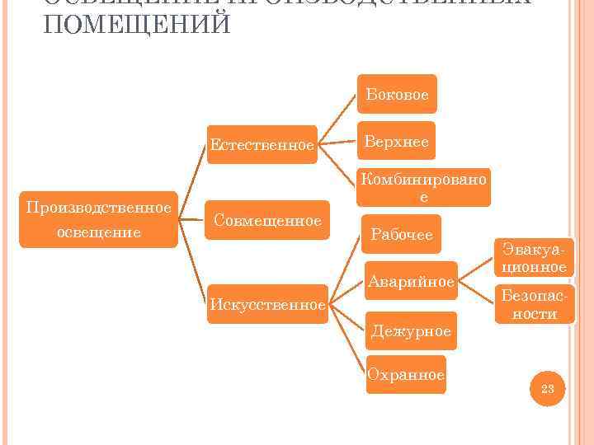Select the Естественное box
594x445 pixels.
click(262, 145)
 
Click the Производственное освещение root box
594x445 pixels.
click(99, 219)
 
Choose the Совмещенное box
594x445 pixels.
click(266, 220)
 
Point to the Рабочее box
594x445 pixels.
click(402, 235)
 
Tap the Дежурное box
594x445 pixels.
click(411, 331)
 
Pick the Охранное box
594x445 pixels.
click(405, 375)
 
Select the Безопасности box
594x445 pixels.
click(533, 304)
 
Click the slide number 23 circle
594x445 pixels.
click(548, 388)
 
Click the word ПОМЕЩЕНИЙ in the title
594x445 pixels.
click(137, 23)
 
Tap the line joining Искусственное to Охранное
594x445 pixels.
click(346, 340)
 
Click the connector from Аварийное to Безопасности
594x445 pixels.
click(476, 293)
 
